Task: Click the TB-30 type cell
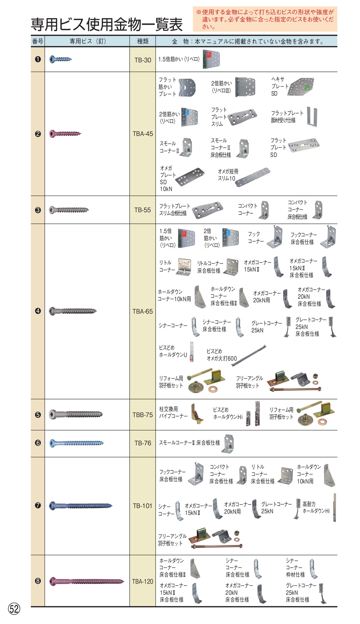143,60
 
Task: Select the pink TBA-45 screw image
65,134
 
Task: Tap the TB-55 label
143,210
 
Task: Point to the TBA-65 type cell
143,311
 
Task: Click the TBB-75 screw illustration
76,414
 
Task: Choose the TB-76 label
143,443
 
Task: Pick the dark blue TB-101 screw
81,505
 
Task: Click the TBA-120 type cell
143,581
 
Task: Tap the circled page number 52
14,609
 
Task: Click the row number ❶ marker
38,59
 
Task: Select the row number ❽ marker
38,581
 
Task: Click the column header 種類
143,41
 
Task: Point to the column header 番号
38,41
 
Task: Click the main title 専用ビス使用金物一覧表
107,25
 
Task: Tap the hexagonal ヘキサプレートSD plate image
301,87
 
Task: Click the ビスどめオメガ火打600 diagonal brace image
249,355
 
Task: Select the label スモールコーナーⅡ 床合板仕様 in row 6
189,443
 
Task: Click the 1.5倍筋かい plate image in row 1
212,59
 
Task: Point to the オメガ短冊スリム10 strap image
252,177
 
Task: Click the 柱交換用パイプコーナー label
173,412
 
